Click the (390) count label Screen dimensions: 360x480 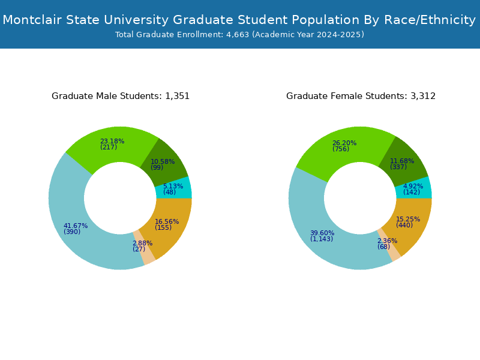click(72, 232)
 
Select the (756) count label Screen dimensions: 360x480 click(341, 149)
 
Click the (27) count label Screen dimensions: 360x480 click(139, 250)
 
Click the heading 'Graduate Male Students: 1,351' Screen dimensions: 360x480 click(121, 96)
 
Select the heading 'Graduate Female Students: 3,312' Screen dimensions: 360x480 click(361, 96)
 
